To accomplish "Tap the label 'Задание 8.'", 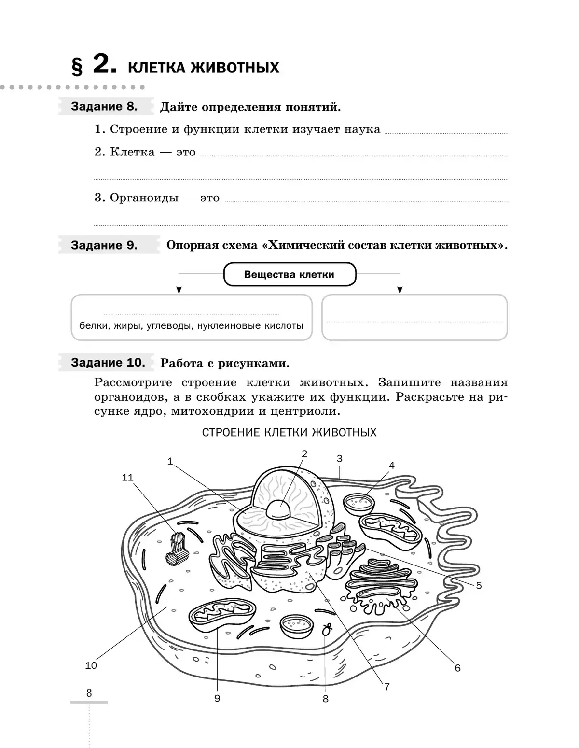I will tap(104, 106).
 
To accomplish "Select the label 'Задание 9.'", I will tap(104, 245).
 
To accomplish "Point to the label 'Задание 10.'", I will tap(108, 362).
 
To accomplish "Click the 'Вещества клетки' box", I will tap(289, 275).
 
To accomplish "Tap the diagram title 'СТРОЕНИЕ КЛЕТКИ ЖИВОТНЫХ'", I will tap(289, 432).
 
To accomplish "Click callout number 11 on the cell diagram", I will tap(127, 477).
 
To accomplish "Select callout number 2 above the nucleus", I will tap(304, 453).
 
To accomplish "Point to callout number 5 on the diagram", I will tap(479, 585).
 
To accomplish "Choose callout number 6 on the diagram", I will tap(457, 668).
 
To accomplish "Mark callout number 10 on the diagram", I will tap(91, 665).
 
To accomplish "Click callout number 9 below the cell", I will tap(217, 698).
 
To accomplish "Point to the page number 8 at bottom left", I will tap(89, 693).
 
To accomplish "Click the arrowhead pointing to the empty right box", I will tap(400, 290).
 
